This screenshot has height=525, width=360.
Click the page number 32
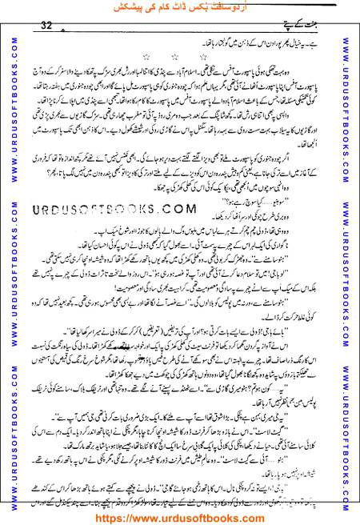[x=46, y=25]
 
